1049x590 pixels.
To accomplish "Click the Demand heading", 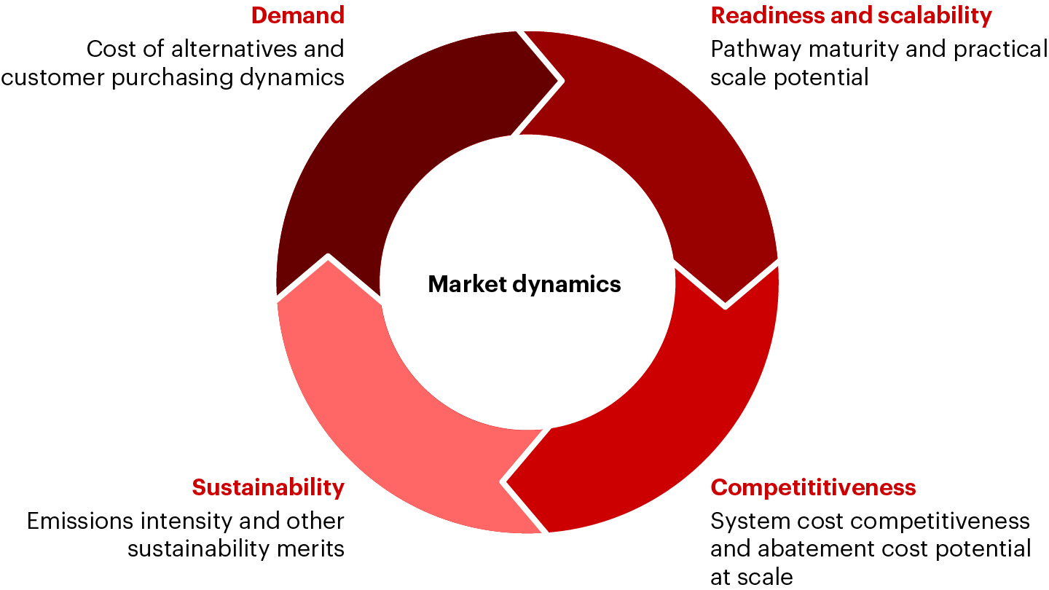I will tap(297, 15).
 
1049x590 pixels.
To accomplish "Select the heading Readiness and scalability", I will tap(851, 15).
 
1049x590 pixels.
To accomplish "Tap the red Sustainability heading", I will tap(268, 487).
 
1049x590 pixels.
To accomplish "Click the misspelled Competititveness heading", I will tap(813, 487).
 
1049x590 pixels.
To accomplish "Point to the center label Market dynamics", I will tap(524, 284).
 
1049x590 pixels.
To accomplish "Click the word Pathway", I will tap(751, 50).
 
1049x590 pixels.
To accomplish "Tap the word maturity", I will tap(845, 50).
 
